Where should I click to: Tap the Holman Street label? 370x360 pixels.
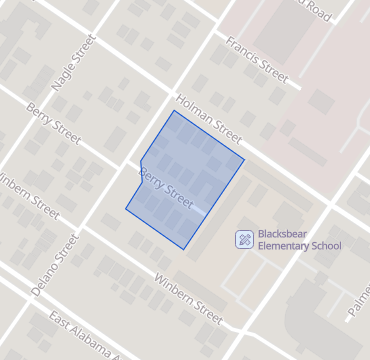[208, 118]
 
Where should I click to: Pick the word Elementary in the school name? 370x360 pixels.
[283, 246]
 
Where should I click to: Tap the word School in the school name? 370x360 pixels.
[326, 246]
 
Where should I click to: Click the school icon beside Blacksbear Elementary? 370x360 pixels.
[243, 239]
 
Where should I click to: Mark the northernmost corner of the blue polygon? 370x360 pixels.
[174, 110]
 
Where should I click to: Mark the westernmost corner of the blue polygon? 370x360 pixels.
[125, 210]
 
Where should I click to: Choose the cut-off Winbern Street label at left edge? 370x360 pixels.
[26, 193]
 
